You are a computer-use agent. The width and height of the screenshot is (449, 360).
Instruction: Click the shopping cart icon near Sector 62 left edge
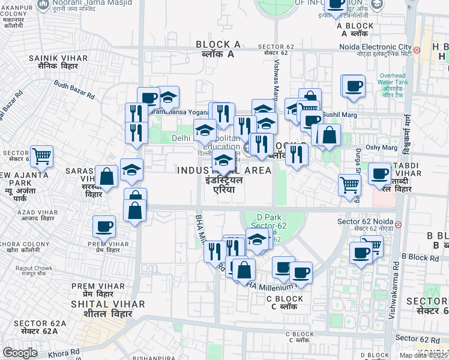(41, 157)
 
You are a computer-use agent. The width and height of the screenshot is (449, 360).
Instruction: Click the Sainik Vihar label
(58, 58)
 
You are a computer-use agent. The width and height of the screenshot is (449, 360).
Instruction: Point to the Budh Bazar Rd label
(74, 90)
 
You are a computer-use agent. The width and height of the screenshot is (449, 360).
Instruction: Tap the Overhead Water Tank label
(393, 79)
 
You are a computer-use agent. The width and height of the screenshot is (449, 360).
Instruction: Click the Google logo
(20, 352)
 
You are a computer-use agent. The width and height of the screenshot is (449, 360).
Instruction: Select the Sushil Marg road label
(340, 114)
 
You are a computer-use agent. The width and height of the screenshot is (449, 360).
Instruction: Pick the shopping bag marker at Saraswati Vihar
(106, 177)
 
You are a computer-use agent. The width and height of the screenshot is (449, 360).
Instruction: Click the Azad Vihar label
(20, 214)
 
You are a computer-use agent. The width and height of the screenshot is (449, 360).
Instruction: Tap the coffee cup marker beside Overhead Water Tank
(354, 85)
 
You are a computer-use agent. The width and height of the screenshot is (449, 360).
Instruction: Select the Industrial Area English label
(224, 170)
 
